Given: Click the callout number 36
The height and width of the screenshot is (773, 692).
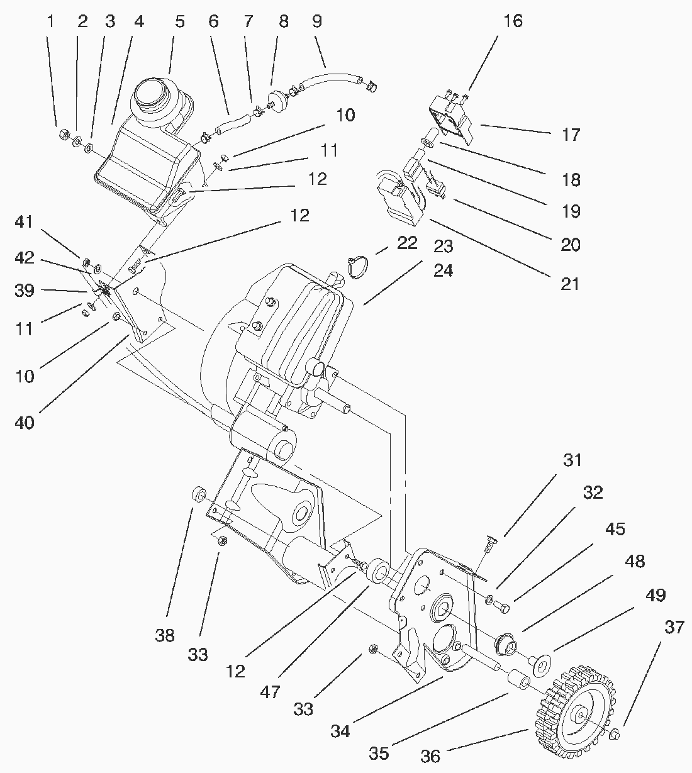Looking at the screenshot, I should click(430, 756).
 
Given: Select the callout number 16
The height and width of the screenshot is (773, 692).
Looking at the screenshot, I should click(513, 21).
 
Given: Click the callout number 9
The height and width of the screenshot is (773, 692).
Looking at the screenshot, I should click(316, 21).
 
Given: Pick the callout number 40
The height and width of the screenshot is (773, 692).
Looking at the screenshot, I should click(25, 422).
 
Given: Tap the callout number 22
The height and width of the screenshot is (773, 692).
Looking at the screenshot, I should click(407, 243).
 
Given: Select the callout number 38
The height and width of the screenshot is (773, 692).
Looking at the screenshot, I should click(165, 636).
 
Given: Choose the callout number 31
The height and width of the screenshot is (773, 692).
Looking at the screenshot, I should click(572, 460).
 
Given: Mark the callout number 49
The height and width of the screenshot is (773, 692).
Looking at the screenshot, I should click(656, 595).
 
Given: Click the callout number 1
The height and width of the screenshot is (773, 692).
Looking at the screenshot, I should click(50, 21).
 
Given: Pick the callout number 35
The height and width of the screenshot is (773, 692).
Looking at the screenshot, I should click(379, 753).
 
